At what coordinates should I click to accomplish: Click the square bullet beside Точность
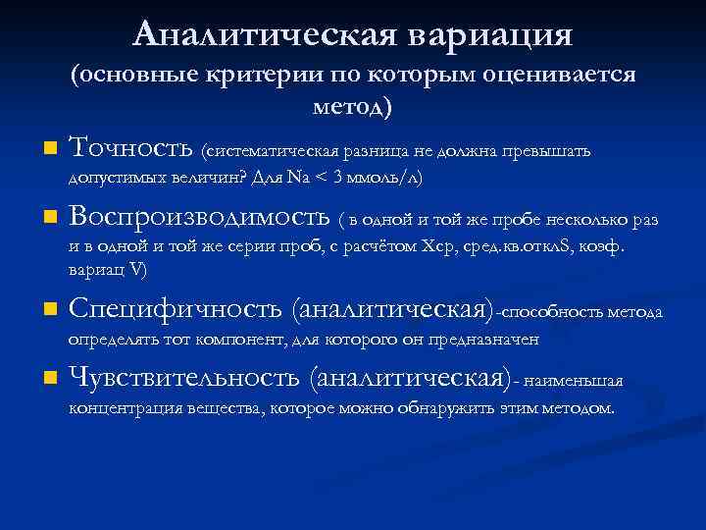coord(49,150)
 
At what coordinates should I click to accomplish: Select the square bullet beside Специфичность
coord(49,312)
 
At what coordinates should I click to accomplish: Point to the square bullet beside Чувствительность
coord(49,380)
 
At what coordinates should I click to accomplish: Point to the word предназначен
coord(489,340)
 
